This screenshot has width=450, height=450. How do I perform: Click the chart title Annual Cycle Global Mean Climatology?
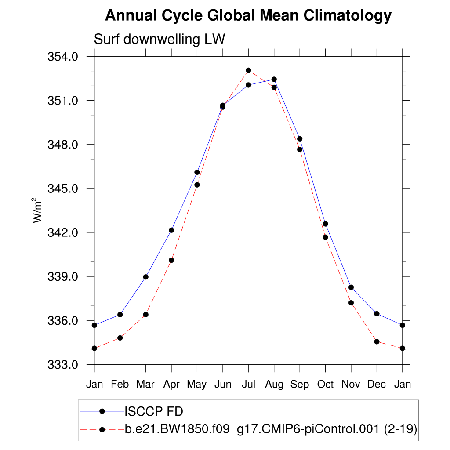[x=248, y=16]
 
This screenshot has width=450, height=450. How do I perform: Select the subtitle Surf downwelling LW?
[x=160, y=39]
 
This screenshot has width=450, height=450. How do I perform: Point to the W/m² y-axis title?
[x=39, y=210]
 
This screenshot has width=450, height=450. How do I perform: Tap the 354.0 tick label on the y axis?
[x=66, y=57]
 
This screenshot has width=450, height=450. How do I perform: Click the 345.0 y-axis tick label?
[x=66, y=189]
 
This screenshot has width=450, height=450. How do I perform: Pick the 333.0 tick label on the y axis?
[x=66, y=365]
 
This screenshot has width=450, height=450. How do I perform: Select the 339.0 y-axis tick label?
[x=66, y=277]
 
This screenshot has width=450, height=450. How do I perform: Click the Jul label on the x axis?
[x=248, y=384]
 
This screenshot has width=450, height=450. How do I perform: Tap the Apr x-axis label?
[x=171, y=384]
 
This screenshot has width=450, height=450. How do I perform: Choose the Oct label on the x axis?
[x=325, y=384]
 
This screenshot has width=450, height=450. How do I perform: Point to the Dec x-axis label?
[x=377, y=384]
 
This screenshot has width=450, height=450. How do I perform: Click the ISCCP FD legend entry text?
[x=154, y=411]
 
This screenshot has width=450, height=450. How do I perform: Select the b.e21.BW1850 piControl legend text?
[x=271, y=430]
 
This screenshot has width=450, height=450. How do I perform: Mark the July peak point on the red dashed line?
[x=248, y=70]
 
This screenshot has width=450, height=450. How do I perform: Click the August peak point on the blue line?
[x=274, y=79]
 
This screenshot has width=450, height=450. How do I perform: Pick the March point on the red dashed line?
[x=146, y=315]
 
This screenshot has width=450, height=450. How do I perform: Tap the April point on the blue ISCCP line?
[x=171, y=230]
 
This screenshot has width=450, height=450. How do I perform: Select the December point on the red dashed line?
[x=377, y=341]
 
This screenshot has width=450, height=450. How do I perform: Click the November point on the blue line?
[x=351, y=287]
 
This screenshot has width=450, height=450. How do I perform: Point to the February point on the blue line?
[x=120, y=315]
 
